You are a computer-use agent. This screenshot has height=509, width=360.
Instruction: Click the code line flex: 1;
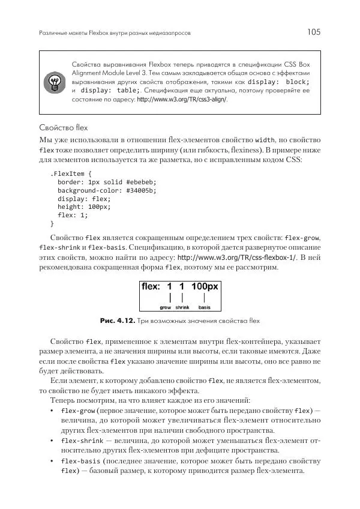73,215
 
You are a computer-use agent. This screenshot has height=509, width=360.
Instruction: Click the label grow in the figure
165,307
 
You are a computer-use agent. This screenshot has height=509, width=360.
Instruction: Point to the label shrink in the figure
182,307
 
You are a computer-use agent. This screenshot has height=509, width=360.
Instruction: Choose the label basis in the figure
205,307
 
